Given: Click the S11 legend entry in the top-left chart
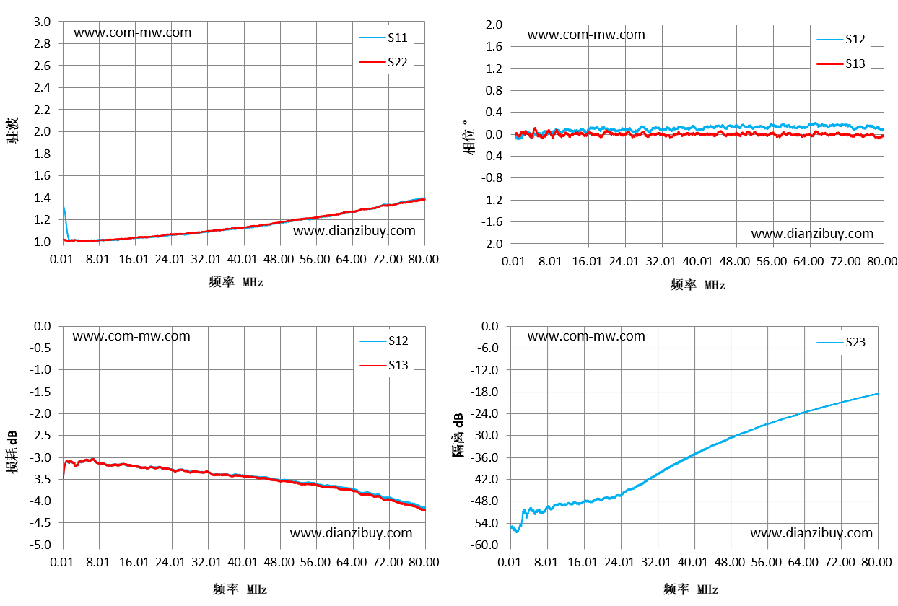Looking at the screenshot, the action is (x=383, y=38).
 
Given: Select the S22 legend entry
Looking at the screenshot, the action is (x=383, y=62).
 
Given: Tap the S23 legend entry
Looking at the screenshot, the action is (x=841, y=342).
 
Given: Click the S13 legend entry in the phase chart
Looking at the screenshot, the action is (x=841, y=63).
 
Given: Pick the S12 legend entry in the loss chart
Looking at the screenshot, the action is (x=383, y=341).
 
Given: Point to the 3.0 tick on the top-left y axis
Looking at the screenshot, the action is (x=42, y=22).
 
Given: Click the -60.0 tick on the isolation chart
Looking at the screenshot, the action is (x=484, y=545).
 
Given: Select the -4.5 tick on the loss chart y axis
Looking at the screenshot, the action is (x=40, y=523).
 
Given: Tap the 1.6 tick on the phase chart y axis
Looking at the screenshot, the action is (x=494, y=46).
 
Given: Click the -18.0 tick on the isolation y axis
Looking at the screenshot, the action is (x=484, y=392).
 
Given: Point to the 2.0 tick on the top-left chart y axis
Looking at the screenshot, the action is (x=42, y=131).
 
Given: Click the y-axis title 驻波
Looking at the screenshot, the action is (x=12, y=131).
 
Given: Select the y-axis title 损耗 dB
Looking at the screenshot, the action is (x=12, y=452).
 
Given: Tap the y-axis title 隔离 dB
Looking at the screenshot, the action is (x=458, y=435).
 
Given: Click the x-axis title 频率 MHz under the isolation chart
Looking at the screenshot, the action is (x=690, y=589).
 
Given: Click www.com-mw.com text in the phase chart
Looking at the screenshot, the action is (x=586, y=35).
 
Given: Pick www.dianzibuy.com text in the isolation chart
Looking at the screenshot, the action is (x=811, y=533).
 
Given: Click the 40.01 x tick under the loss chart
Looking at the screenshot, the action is (x=243, y=562).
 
